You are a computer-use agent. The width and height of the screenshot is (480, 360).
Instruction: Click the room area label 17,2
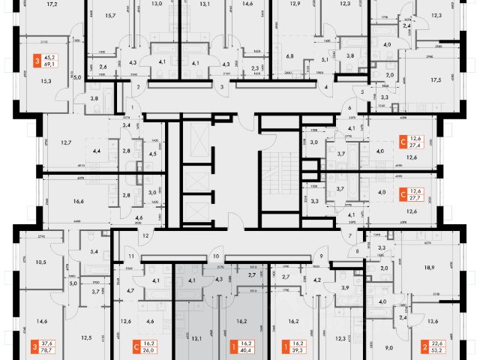pyautogui.click(x=52, y=4)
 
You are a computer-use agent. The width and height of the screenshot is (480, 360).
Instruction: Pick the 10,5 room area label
pyautogui.click(x=40, y=262)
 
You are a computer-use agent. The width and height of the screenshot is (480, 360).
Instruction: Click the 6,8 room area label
pyautogui.click(x=289, y=55)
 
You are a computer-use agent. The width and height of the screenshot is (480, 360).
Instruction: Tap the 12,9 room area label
pyautogui.click(x=294, y=4)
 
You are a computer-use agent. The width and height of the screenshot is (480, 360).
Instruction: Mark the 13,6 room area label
pyautogui.click(x=433, y=321)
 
